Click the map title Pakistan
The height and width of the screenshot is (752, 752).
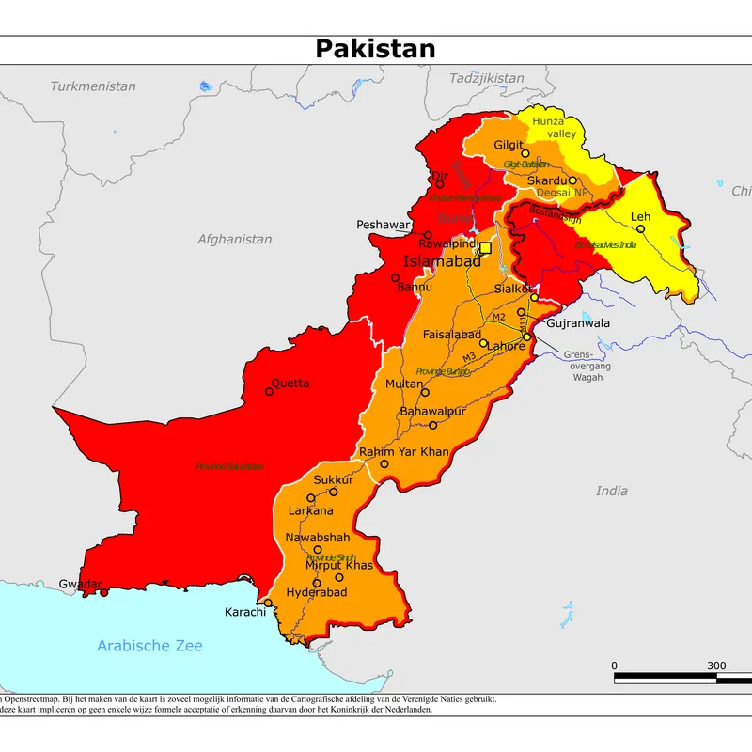pos(375,49)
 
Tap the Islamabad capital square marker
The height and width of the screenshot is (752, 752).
pos(486,249)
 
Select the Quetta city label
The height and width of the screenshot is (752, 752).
pos(290,384)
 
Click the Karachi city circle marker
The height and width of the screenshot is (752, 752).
pos(268,603)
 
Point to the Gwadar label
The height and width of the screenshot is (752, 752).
pos(79,584)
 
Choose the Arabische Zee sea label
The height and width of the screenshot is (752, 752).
pos(149,646)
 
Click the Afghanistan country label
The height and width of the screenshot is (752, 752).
pos(234,240)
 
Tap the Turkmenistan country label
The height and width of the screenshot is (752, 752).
pos(93,86)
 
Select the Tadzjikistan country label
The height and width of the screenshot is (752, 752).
pos(486,77)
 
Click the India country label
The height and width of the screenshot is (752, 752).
pos(612,491)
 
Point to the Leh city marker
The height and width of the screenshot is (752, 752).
pos(641,228)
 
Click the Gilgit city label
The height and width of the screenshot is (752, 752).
pos(508,146)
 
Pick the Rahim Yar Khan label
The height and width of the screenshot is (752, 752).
pos(404,452)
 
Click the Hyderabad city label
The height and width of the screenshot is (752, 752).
pos(317,592)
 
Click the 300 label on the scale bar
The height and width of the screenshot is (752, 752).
pos(716,666)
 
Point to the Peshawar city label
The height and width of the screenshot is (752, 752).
pos(383,226)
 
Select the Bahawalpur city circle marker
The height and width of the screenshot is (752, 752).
pos(433,425)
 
